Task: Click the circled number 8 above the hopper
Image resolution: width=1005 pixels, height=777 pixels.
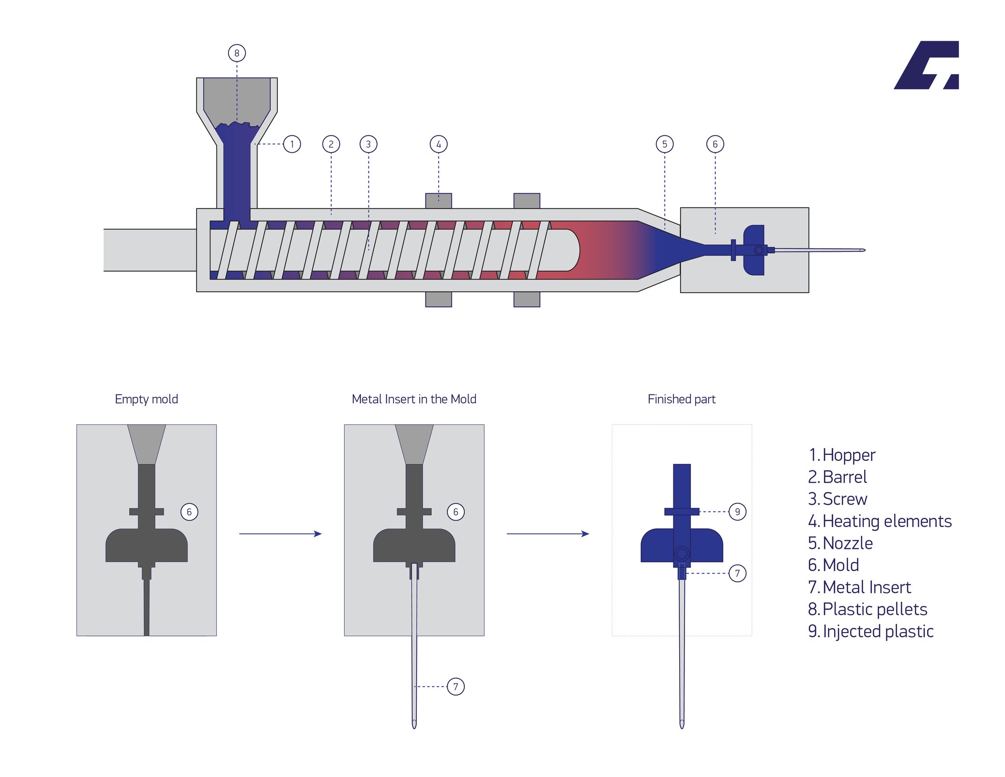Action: (237, 53)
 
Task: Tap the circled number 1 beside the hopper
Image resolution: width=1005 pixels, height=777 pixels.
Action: (292, 144)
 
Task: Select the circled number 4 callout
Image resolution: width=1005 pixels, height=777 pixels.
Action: (439, 144)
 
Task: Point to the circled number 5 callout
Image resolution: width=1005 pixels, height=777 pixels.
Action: (664, 144)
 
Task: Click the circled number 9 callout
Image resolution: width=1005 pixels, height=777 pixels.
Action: (737, 512)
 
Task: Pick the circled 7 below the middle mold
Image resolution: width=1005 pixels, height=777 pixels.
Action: (456, 686)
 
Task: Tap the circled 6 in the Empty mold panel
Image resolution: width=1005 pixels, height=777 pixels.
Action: (189, 512)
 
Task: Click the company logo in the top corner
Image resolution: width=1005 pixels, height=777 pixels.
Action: (926, 65)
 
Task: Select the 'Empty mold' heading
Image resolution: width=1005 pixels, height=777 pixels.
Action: (146, 399)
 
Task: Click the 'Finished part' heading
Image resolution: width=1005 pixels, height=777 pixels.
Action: (681, 399)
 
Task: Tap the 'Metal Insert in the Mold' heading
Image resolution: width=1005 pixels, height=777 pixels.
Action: (414, 399)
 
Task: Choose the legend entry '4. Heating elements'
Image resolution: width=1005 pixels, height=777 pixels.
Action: (880, 521)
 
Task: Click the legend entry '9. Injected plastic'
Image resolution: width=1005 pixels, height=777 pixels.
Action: (870, 631)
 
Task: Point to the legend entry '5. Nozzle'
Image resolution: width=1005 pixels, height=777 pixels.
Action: (840, 543)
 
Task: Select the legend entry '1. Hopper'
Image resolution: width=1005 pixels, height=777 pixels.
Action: (842, 455)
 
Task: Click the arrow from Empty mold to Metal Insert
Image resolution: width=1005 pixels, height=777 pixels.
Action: (280, 534)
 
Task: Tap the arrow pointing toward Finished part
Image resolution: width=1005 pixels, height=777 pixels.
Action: (548, 534)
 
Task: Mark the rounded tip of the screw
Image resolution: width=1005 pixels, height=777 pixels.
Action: (574, 250)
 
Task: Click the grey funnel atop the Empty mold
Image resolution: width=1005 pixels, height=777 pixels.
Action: (146, 444)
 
